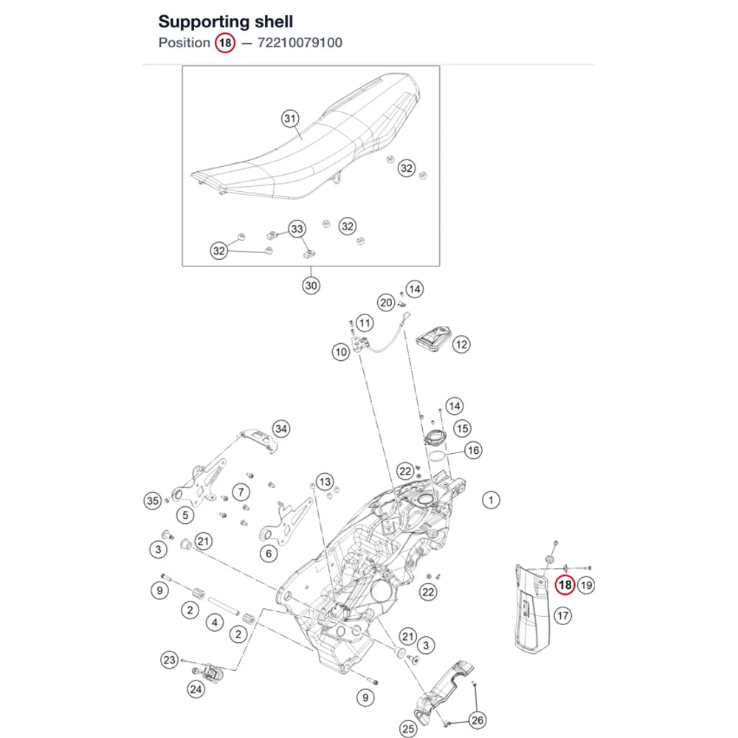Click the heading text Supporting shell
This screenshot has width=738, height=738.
tap(225, 21)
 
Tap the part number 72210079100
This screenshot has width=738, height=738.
tap(300, 43)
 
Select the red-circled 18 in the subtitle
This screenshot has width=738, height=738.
tap(225, 43)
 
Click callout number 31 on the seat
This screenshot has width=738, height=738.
tap(290, 119)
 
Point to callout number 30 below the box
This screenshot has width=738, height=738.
tap(311, 285)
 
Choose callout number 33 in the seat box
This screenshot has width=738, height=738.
tap(297, 229)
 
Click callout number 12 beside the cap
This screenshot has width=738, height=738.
tap(461, 345)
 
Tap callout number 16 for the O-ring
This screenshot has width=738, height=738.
tap(473, 450)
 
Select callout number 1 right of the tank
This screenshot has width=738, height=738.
tap(491, 500)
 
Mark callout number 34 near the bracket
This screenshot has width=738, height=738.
tap(281, 429)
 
